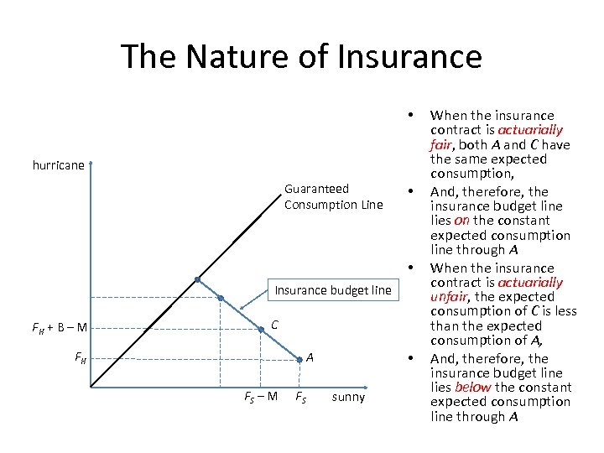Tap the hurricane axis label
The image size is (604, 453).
click(59, 165)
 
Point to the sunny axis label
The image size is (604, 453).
click(348, 397)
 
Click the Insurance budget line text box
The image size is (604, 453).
click(332, 290)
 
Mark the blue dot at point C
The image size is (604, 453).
click(261, 331)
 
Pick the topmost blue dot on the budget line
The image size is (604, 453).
click(197, 280)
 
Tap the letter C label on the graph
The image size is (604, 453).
click(274, 325)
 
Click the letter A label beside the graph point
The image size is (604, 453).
click(310, 357)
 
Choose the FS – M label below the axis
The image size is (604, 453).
click(261, 397)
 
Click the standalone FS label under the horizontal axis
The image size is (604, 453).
click(299, 397)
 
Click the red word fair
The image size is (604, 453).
click(440, 144)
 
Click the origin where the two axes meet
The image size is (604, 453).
click(91, 388)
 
